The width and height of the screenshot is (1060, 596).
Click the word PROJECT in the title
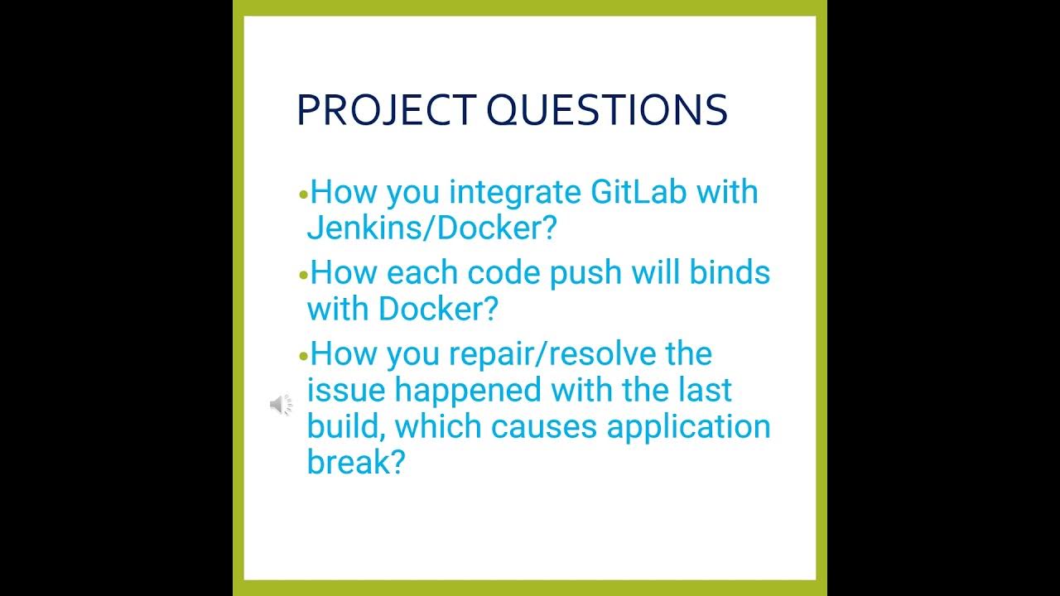pos(387,110)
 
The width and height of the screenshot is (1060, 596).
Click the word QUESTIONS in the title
pos(607,110)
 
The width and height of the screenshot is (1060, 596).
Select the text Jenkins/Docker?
pos(431,228)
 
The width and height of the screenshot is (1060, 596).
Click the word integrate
pos(515,193)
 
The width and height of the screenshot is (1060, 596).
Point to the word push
pos(585,274)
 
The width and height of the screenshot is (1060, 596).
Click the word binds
pos(730,272)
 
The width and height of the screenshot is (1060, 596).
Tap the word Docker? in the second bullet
pos(438,309)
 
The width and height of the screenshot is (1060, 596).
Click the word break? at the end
pos(356,462)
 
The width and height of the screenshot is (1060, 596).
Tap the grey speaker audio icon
pos(281,405)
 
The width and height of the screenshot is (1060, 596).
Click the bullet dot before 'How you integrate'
pos(303,194)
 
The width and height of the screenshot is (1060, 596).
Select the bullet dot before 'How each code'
pos(303,275)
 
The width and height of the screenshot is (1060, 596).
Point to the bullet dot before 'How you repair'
pos(303,356)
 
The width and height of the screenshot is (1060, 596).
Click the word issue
pos(346,390)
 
